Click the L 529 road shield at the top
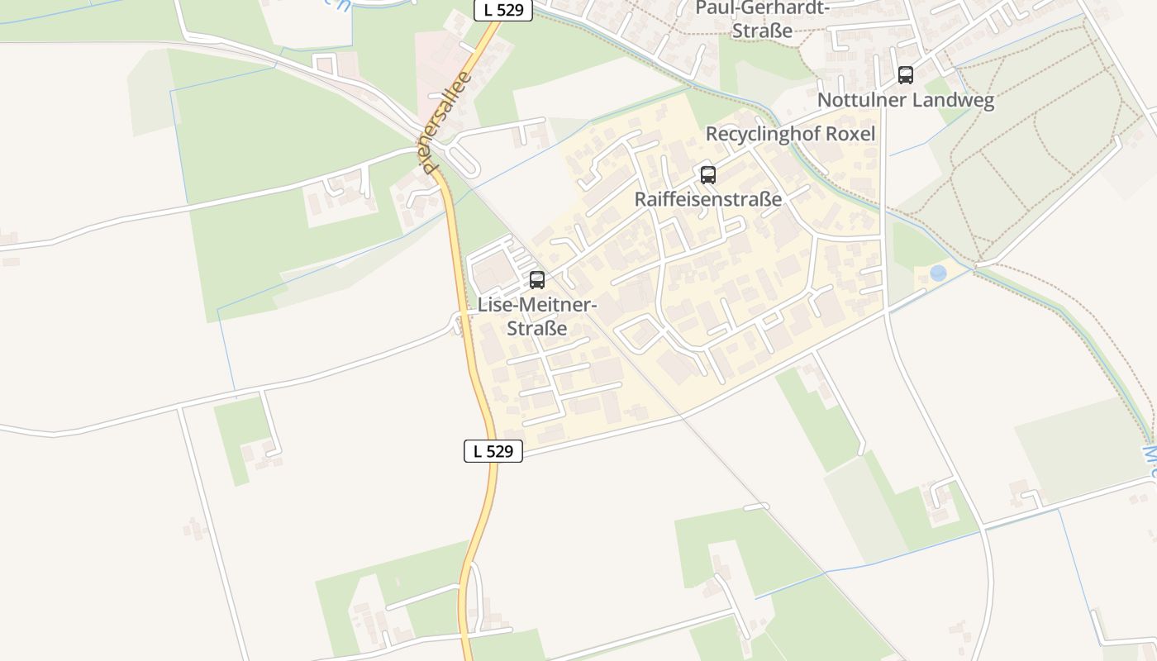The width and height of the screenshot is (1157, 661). pos(502,11)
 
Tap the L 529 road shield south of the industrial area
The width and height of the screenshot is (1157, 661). pos(493,451)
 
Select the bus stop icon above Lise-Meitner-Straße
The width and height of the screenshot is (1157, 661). pos(537,280)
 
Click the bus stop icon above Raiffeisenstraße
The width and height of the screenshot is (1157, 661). pos(708,175)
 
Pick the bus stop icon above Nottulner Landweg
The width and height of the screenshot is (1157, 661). pos(906,75)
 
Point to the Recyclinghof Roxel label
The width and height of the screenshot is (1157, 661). pos(789,134)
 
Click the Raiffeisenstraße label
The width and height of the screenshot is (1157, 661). pos(707,199)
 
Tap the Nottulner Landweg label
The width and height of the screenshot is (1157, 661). pos(906,101)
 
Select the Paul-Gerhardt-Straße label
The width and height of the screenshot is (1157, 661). pos(763,19)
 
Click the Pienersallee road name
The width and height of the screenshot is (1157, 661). pos(446,122)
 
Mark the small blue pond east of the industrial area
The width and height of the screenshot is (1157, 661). pos(938,273)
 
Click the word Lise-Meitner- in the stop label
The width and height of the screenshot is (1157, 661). pos(537,305)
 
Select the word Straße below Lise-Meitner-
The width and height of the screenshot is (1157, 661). pos(537,328)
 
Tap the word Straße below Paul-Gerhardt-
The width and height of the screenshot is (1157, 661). pos(763,31)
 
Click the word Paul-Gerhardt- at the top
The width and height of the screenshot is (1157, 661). pos(763,8)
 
